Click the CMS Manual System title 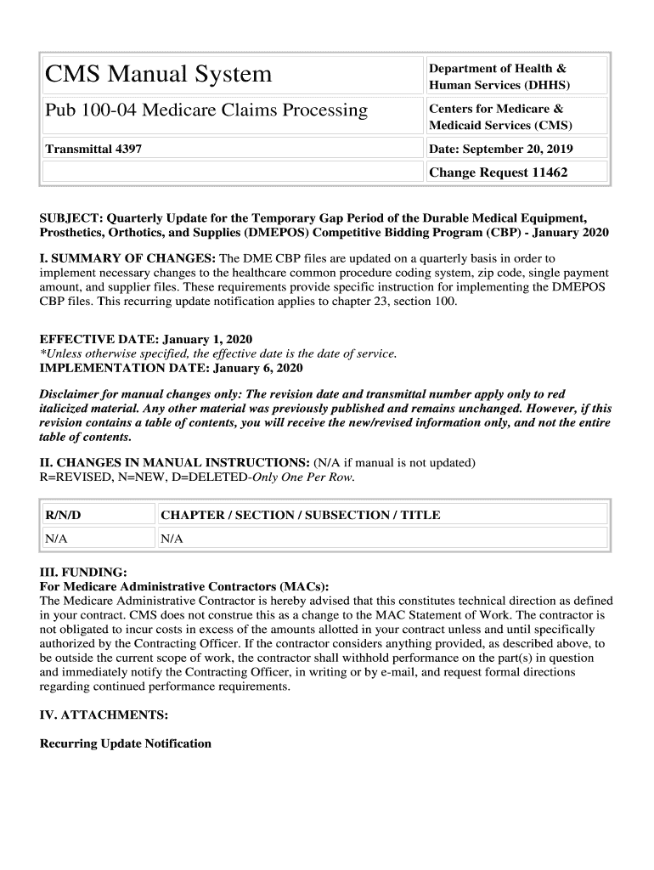[x=159, y=76]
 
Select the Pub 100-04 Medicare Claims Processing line [x=206, y=110]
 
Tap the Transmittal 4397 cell [x=93, y=149]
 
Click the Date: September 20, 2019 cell [x=501, y=149]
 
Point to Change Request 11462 [x=498, y=172]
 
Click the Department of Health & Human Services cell [x=499, y=76]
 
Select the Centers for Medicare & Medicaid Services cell [x=500, y=117]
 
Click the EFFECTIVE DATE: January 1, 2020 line [x=146, y=339]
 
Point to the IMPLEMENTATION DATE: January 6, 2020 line [x=171, y=368]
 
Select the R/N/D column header [x=63, y=515]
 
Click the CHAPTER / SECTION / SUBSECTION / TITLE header [x=301, y=515]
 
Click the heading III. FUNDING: [x=83, y=572]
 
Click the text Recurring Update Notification [x=126, y=743]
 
